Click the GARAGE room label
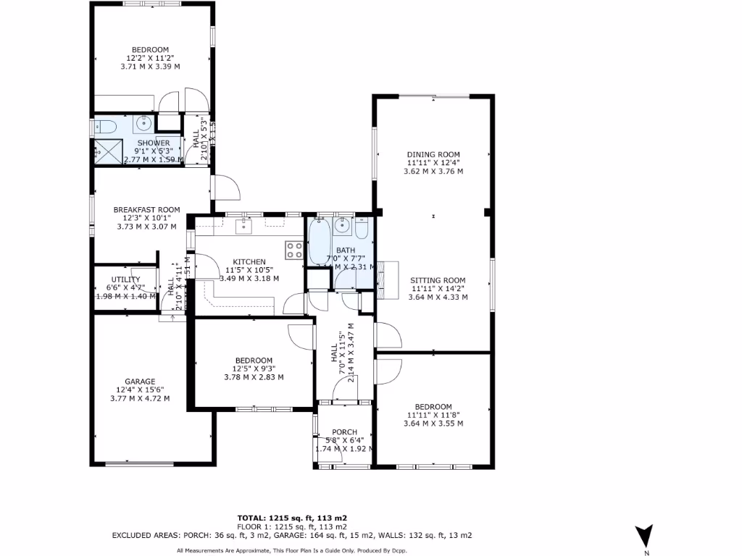coord(140,382)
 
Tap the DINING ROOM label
coord(433,154)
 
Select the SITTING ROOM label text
coord(437,280)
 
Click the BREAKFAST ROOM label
coord(146,210)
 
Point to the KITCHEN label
coord(249,262)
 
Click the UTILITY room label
coord(120,279)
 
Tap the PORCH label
coord(344,432)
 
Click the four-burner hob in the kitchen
coord(294,250)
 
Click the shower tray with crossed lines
coord(109,151)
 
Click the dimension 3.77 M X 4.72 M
coord(140,398)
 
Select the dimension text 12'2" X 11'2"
coord(150,58)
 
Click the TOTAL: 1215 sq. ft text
coord(275,518)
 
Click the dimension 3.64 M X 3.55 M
coord(433,424)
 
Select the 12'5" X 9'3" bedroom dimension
coord(253,368)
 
